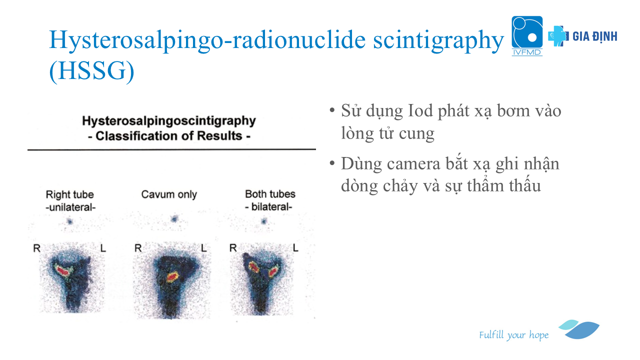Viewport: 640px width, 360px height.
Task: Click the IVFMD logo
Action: [x=527, y=35]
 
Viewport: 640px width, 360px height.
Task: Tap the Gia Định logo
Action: [x=582, y=36]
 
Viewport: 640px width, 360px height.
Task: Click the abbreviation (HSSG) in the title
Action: [x=91, y=71]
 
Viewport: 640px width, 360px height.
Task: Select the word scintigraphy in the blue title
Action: [x=438, y=40]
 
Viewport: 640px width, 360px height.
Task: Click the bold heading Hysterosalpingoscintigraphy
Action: [x=169, y=121]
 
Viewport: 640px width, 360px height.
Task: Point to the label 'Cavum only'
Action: [x=169, y=194]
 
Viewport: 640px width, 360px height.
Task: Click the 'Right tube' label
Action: [x=70, y=194]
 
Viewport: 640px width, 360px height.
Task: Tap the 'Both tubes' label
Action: [x=270, y=194]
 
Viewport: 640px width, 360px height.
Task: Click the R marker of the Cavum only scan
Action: [x=138, y=248]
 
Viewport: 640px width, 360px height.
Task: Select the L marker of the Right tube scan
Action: [x=103, y=248]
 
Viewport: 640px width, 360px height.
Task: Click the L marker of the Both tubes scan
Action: [x=295, y=247]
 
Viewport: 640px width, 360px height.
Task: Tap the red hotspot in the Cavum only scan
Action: [x=172, y=276]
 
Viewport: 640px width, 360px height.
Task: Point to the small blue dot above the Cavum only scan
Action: [x=174, y=219]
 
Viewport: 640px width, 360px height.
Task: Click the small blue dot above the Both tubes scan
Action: [x=264, y=221]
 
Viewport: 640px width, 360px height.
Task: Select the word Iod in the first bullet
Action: [x=420, y=110]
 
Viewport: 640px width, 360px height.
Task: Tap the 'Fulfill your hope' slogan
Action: [x=513, y=335]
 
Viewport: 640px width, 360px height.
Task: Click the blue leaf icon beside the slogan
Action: [x=579, y=329]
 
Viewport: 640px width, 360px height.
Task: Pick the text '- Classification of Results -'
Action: [x=169, y=136]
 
